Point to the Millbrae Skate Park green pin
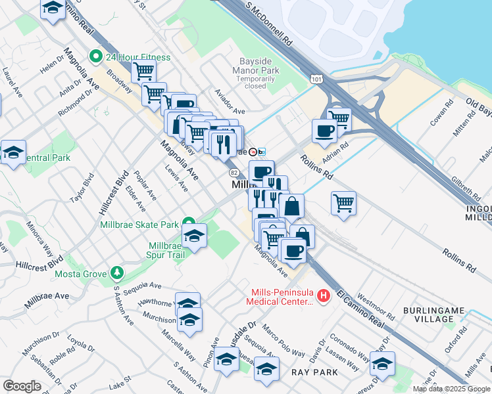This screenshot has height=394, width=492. [189, 224]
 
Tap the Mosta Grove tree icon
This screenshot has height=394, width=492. [117, 273]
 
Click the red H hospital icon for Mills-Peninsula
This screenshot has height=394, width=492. [323, 297]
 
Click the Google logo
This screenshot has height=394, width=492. [22, 386]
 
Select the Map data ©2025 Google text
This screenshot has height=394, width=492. [451, 389]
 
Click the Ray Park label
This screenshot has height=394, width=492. [314, 372]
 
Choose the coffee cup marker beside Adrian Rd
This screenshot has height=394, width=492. [324, 130]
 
